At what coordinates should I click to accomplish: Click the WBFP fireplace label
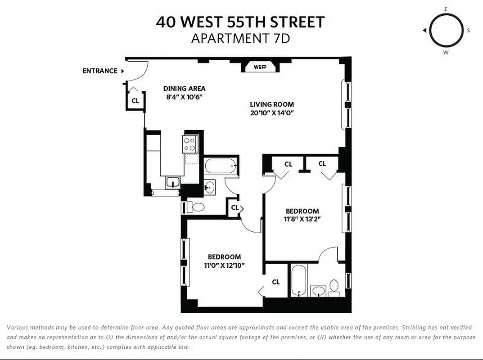[x=260, y=67]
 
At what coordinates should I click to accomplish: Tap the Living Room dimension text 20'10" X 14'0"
[x=272, y=113]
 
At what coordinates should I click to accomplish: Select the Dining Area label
[x=184, y=89]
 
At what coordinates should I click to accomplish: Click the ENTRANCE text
[x=100, y=71]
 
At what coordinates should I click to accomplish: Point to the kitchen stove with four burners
[x=190, y=144]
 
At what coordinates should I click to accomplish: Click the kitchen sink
[x=172, y=182]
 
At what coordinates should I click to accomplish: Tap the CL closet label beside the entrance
[x=135, y=101]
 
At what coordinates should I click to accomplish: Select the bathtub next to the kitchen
[x=221, y=167]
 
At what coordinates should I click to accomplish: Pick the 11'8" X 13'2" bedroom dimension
[x=302, y=219]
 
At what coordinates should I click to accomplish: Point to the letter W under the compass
[x=446, y=52]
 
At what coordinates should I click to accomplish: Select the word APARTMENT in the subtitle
[x=226, y=38]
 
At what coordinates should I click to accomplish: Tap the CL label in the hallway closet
[x=235, y=207]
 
